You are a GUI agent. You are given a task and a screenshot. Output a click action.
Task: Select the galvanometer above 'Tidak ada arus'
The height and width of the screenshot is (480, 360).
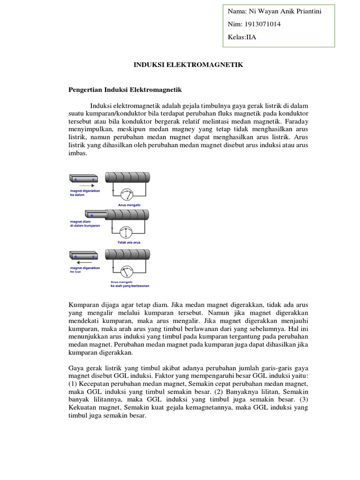pos(126,232)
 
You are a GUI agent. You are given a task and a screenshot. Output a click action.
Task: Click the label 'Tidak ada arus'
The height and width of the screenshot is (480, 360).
pos(126,243)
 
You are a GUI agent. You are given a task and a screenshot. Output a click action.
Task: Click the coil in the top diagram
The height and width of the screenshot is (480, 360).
pos(127,177)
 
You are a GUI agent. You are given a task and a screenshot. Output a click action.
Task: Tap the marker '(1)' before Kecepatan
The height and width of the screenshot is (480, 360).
pos(75,385)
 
